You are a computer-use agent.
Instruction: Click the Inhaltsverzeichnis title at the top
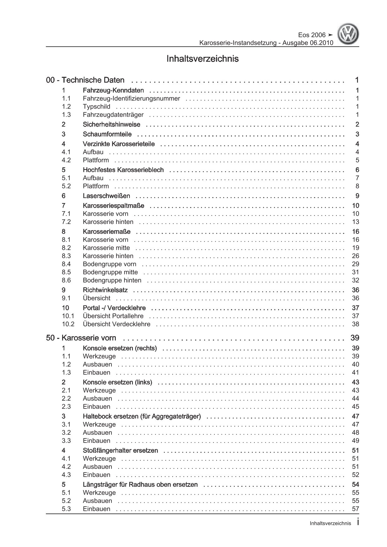click(203, 59)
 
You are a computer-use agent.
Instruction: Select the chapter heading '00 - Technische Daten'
click(85, 80)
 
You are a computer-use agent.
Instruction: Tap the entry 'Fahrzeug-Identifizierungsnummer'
click(131, 99)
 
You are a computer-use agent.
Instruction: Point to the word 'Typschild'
click(96, 107)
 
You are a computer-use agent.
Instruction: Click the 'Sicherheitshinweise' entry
click(111, 124)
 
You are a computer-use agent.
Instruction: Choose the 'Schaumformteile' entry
click(107, 134)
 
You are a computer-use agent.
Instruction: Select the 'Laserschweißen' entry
click(106, 196)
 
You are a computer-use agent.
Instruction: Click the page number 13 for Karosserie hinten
click(355, 222)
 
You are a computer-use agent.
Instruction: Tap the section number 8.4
click(66, 264)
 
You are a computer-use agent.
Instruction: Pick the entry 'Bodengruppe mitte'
click(110, 272)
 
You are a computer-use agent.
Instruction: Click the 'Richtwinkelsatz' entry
click(105, 290)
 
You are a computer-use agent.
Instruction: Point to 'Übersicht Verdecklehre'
click(116, 324)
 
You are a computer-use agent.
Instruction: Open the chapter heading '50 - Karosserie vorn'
click(81, 338)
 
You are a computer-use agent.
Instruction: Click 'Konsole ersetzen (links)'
click(117, 382)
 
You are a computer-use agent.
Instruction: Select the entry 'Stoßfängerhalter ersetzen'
click(120, 450)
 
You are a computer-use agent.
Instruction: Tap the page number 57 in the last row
click(355, 509)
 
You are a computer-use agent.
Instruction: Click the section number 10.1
click(68, 316)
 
